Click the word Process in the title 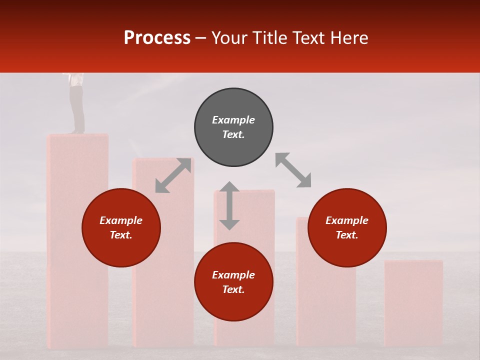point(157,38)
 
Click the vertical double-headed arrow point(229,205)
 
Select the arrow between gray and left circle point(173,175)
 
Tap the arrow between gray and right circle point(293,170)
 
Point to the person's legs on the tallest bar point(76,107)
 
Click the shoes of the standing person point(77,131)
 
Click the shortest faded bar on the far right point(413,302)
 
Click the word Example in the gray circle point(233,120)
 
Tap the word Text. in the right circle point(347,235)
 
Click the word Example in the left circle point(121,220)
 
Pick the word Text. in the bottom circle point(233,290)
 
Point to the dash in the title point(200,38)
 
